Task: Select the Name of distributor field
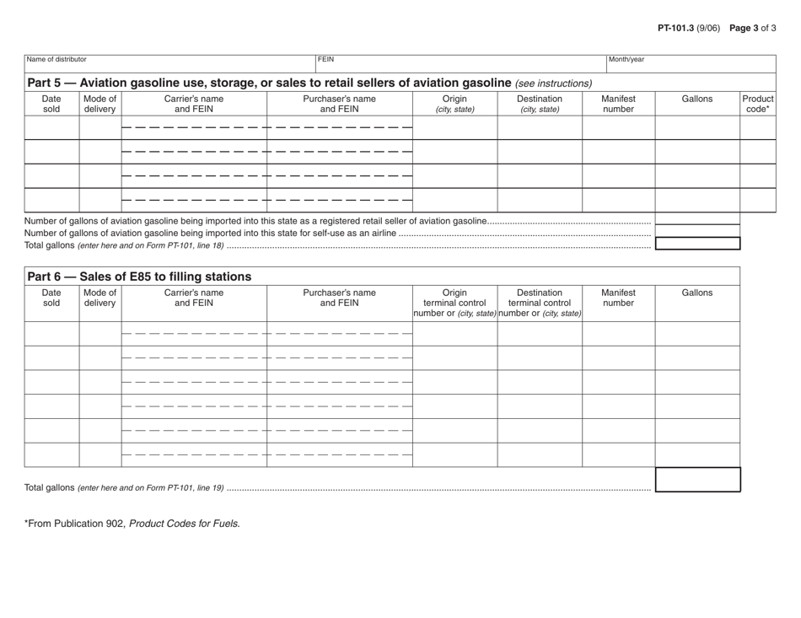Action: [x=169, y=64]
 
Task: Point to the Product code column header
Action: [x=757, y=105]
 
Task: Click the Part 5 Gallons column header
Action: [x=696, y=99]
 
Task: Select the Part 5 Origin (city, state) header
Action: [x=454, y=105]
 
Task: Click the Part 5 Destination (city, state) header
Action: [x=539, y=105]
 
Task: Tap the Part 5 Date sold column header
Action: [x=51, y=105]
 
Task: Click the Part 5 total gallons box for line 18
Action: [x=697, y=244]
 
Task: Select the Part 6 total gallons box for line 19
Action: [x=697, y=481]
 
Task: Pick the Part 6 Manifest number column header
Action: [x=618, y=298]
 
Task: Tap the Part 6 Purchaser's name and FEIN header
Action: [x=339, y=298]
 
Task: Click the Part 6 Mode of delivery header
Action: [x=99, y=298]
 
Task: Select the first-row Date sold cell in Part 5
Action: [x=51, y=128]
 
